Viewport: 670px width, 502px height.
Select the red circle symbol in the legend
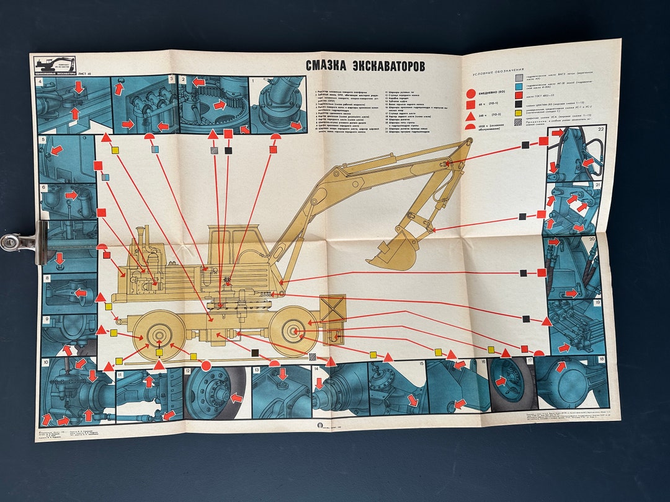click(471, 94)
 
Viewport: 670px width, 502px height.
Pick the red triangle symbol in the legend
click(471, 115)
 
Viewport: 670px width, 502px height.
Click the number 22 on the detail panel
click(600, 129)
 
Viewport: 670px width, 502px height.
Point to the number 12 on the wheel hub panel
click(187, 372)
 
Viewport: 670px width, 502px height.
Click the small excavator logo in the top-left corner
click(55, 64)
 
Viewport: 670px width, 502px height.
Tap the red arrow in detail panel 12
click(236, 397)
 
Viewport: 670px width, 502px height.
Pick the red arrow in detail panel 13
click(282, 374)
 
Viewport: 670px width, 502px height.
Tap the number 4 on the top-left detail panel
click(39, 81)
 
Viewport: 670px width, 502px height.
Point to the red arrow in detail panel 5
click(56, 150)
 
